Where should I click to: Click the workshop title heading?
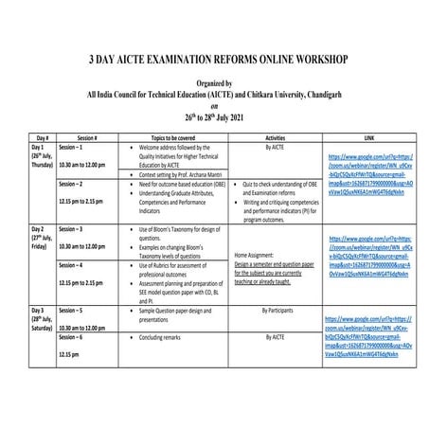pyautogui.click(x=214, y=59)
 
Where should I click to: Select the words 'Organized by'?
pyautogui.click(x=214, y=83)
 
